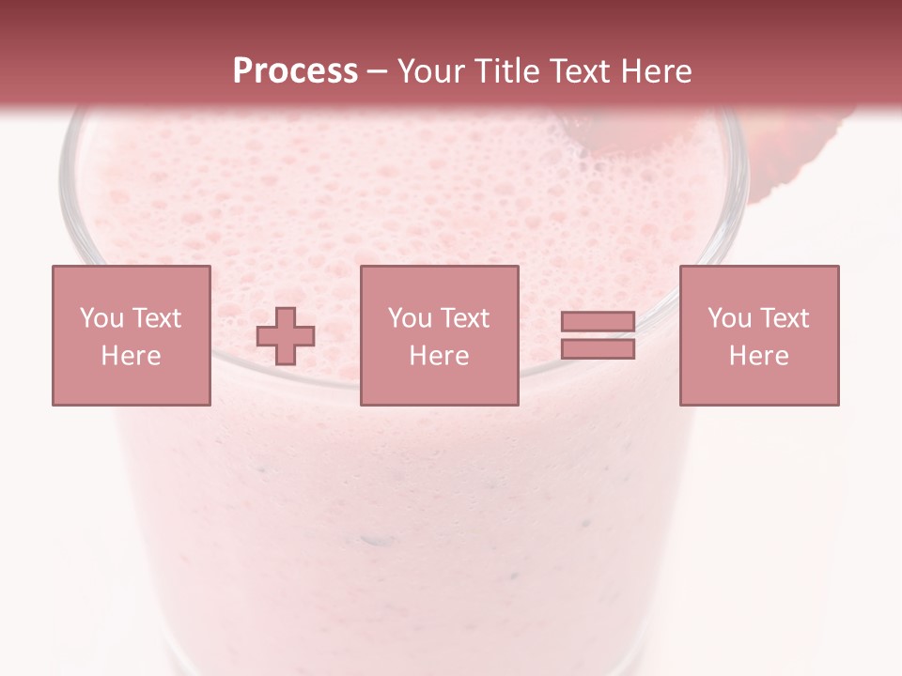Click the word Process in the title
[295, 71]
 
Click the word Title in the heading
[508, 71]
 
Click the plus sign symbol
[287, 336]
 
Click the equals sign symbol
[598, 335]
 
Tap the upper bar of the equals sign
[598, 322]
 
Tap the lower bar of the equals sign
[598, 348]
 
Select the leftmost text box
[132, 335]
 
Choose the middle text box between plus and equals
[439, 335]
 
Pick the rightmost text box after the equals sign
[759, 335]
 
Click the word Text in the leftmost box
[156, 318]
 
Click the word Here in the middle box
[439, 356]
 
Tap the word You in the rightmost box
[729, 318]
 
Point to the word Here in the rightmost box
[759, 356]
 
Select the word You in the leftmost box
[101, 318]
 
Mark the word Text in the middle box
[464, 318]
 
